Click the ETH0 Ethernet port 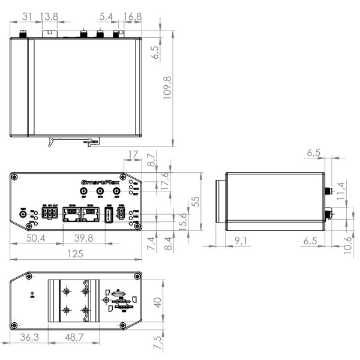(x=72, y=216)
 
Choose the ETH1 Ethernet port (x=91, y=216)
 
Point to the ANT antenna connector (x=116, y=190)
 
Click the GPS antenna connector (x=100, y=190)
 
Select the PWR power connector (x=121, y=217)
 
